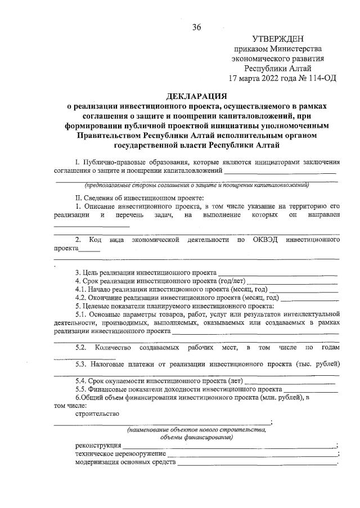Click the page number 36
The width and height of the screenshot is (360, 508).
tap(196, 27)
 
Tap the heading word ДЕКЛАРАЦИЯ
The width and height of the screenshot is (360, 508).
tap(196, 96)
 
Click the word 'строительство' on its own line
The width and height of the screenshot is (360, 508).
tap(97, 414)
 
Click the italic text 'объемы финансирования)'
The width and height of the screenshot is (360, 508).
tap(196, 437)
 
